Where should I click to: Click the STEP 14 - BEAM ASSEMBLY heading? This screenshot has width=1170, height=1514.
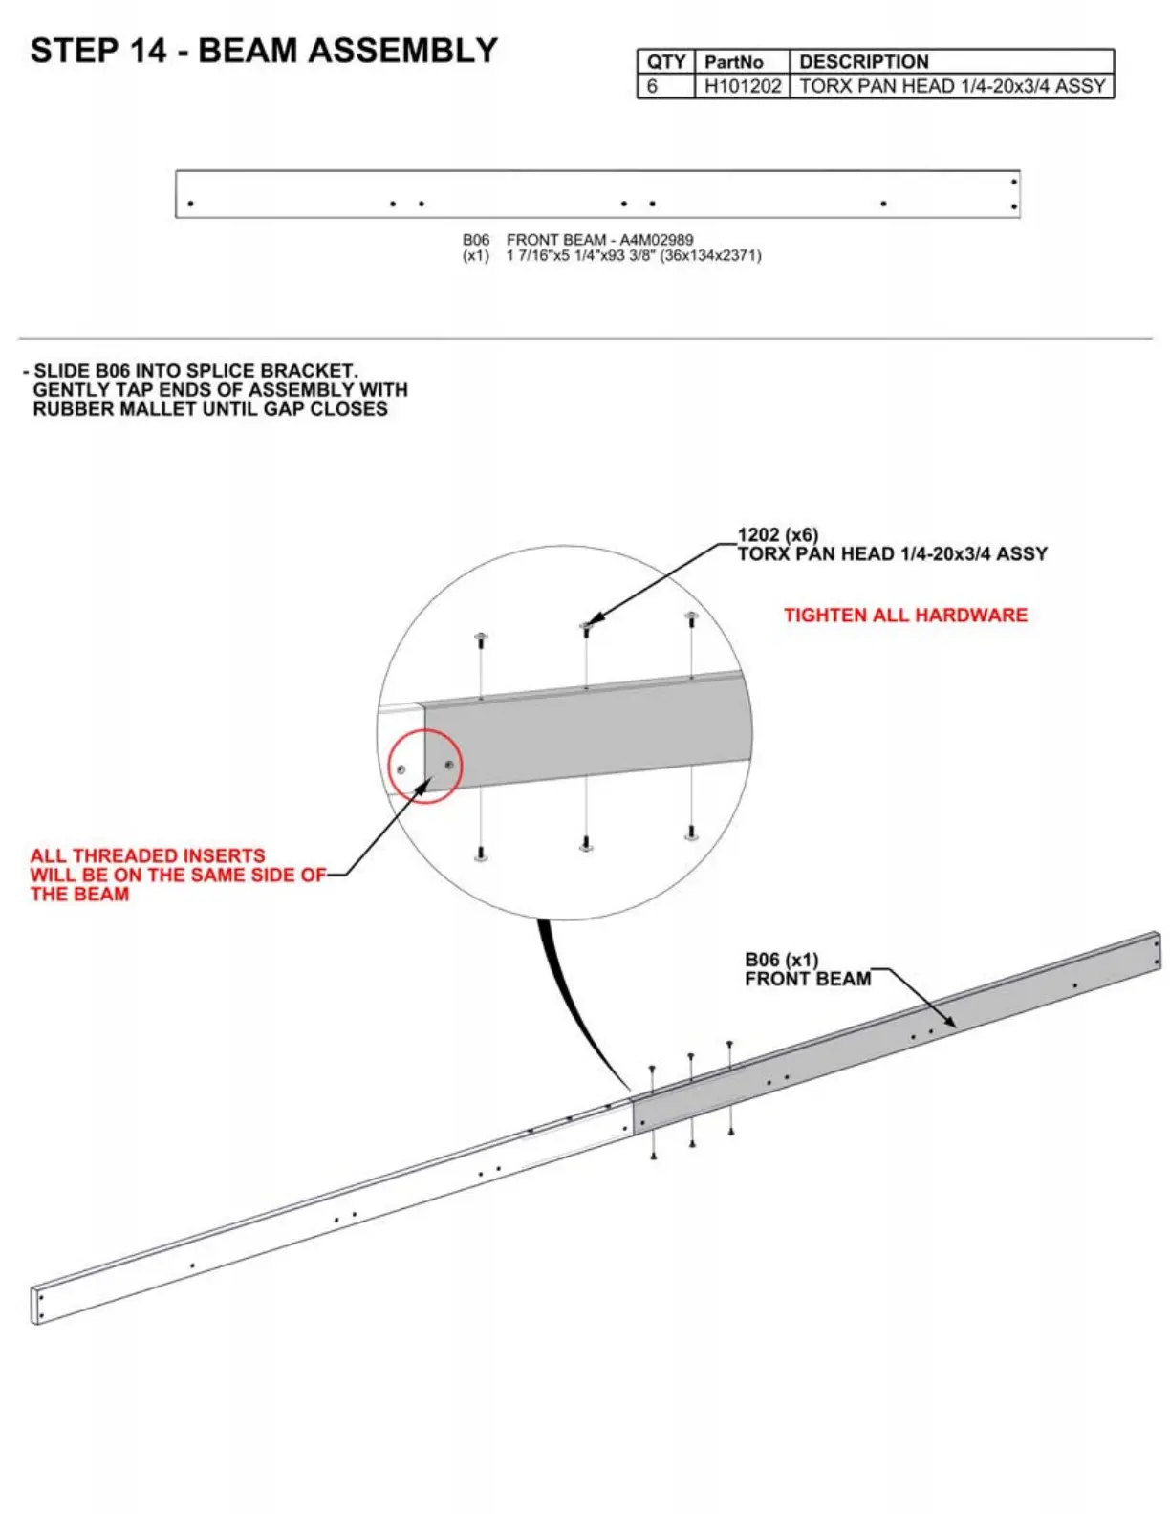[x=264, y=51]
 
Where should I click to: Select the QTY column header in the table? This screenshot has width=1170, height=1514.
[x=665, y=62]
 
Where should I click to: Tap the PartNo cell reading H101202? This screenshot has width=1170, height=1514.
[x=742, y=86]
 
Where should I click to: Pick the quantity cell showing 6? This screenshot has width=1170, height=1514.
[x=653, y=86]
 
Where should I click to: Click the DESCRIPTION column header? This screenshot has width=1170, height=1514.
[x=863, y=62]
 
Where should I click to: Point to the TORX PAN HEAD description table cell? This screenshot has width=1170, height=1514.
[x=951, y=86]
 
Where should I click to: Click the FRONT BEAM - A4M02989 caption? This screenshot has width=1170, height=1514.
[x=599, y=240]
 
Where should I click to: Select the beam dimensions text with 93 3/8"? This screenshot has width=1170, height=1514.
[x=633, y=256]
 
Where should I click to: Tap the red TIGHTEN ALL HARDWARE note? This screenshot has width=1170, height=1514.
[x=905, y=616]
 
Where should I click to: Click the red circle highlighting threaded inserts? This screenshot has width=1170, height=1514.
[x=424, y=766]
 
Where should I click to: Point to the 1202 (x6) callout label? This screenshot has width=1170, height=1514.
[x=777, y=535]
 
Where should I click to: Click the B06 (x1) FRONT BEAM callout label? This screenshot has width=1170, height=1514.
[x=807, y=969]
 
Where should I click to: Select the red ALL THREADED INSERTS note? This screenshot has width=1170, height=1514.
[x=176, y=875]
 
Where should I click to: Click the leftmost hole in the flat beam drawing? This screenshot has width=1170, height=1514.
[x=191, y=204]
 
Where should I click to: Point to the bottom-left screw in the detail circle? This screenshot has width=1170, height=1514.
[x=481, y=852]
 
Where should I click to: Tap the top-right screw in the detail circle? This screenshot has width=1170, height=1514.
[x=691, y=617]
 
